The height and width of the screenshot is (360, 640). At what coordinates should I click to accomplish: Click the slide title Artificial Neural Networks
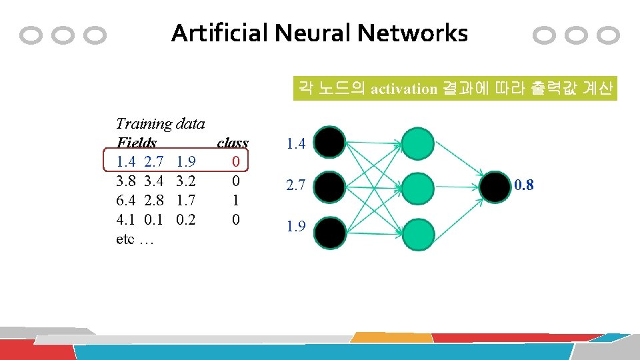pyautogui.click(x=319, y=33)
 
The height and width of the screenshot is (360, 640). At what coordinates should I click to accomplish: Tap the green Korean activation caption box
pyautogui.click(x=455, y=88)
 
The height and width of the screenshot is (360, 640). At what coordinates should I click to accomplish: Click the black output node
pyautogui.click(x=497, y=186)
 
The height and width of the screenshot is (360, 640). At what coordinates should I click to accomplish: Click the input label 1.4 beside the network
pyautogui.click(x=296, y=143)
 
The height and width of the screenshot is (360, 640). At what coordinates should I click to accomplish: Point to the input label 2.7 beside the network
pyautogui.click(x=296, y=187)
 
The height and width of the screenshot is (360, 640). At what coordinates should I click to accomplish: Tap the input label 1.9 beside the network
pyautogui.click(x=296, y=227)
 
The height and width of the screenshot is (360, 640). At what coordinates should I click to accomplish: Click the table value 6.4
pyautogui.click(x=126, y=200)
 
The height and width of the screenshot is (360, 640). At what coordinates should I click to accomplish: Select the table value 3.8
pyautogui.click(x=126, y=181)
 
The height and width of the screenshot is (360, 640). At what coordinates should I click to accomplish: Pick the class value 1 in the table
pyautogui.click(x=235, y=200)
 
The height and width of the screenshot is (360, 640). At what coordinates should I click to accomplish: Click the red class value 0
pyautogui.click(x=235, y=161)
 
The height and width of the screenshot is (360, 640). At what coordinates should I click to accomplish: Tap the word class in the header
pyautogui.click(x=233, y=143)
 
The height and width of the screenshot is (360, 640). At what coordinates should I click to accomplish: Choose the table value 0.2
pyautogui.click(x=186, y=219)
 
